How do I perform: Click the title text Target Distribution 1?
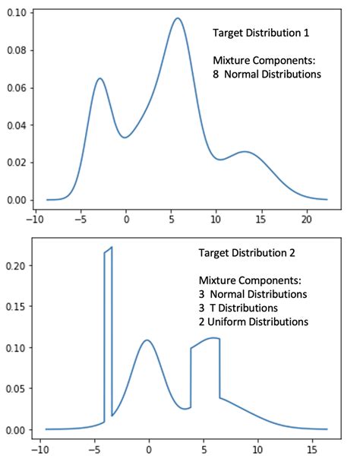click(261, 33)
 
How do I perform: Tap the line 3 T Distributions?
click(238, 308)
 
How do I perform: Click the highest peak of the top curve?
click(177, 19)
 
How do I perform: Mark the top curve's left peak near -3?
click(99, 78)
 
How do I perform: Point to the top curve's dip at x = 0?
click(126, 138)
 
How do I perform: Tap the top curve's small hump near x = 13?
click(245, 152)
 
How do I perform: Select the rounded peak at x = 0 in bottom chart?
click(147, 340)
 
